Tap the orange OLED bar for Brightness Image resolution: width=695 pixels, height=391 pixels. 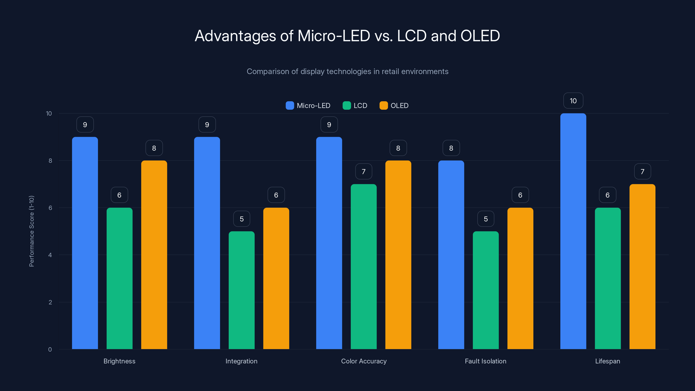pos(154,255)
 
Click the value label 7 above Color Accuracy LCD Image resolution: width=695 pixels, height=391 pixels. pos(363,171)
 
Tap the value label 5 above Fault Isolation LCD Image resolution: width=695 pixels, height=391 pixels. pos(486,219)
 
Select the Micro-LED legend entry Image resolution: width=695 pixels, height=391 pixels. pos(308,106)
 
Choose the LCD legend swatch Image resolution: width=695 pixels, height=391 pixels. pos(346,106)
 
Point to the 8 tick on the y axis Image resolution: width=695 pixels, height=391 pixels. pos(50,161)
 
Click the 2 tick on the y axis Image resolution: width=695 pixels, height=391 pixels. pos(50,302)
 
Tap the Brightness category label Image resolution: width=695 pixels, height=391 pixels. pos(119,361)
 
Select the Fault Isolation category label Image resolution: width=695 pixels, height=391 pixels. pos(485,361)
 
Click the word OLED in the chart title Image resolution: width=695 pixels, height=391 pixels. pos(480,36)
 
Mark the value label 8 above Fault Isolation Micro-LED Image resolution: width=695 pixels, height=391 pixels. pos(451,148)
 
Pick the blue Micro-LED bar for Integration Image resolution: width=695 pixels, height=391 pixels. pos(207,243)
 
